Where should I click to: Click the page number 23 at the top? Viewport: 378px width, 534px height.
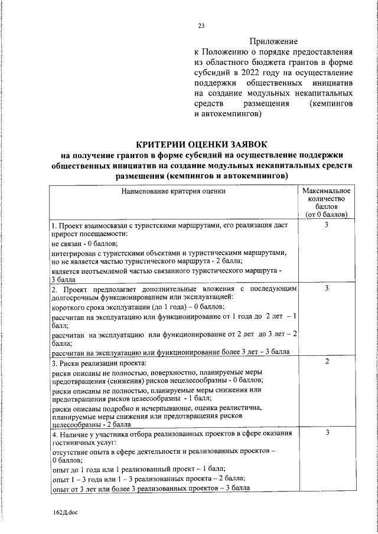201,25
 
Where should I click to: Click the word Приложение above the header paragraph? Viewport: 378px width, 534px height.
273,41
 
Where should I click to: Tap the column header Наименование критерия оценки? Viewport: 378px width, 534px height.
173,191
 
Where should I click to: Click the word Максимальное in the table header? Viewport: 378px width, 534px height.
326,191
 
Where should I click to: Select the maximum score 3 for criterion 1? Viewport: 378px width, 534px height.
326,226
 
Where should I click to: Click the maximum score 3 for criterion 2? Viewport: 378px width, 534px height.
326,287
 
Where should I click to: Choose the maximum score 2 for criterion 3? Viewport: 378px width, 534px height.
326,361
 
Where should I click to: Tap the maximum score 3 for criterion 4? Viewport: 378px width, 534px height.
326,434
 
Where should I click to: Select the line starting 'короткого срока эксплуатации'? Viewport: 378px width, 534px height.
138,307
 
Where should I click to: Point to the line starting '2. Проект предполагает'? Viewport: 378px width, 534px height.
173,289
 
